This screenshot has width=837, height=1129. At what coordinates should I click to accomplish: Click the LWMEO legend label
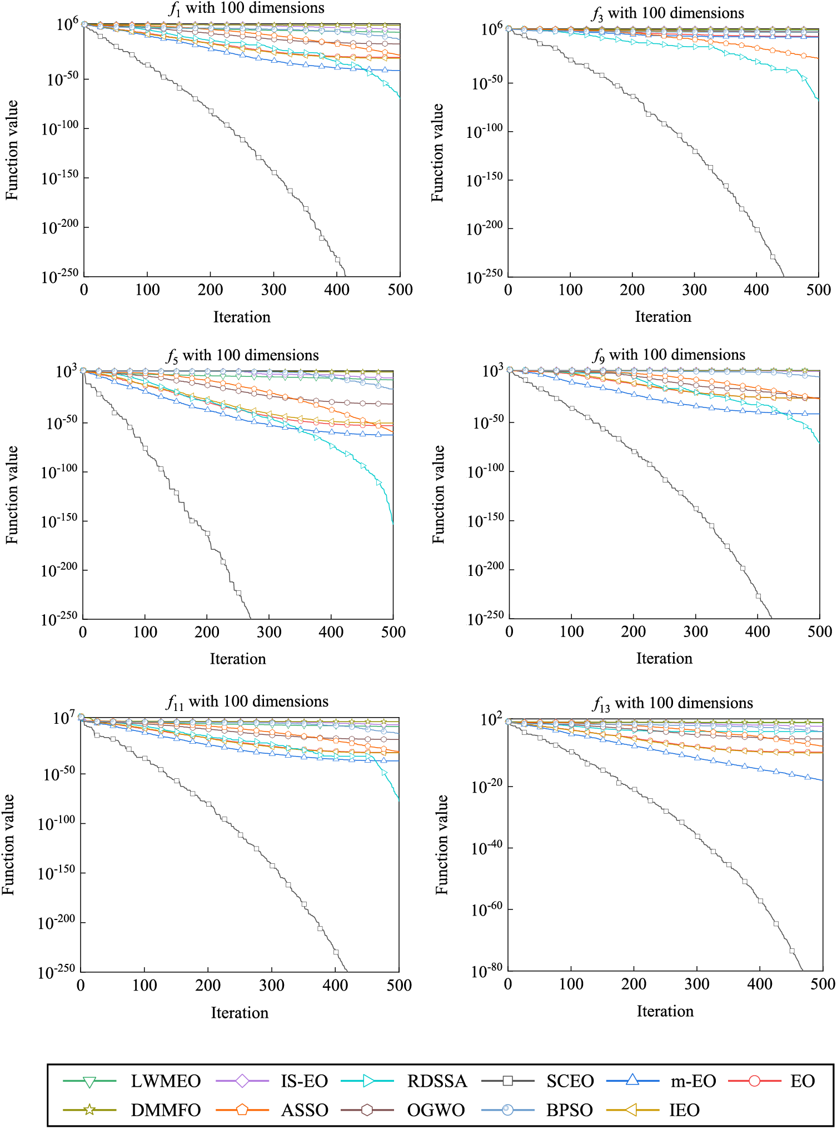pos(165,1081)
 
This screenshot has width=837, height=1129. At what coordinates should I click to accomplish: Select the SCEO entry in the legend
pos(570,1081)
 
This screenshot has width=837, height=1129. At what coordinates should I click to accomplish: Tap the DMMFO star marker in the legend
pos(89,1110)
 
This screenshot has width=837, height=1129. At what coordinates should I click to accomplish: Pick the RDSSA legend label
pos(437,1081)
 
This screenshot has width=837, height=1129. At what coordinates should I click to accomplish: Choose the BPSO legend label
pos(569,1110)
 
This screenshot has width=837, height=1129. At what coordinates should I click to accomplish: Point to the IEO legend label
pos(684,1110)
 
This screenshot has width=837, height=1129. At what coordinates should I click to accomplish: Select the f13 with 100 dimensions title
pos(672,704)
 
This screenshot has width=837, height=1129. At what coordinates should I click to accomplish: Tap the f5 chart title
pos(242,356)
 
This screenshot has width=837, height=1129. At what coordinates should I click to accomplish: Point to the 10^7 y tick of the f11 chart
pos(63,718)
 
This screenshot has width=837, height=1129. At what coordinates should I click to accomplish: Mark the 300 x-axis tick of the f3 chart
pos(694,290)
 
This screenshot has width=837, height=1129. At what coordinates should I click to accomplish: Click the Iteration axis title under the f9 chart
pos(664,659)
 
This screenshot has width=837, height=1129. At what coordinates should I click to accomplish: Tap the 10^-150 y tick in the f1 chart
pos(60,178)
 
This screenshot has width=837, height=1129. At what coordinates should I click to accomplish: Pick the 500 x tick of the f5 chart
pos(393,632)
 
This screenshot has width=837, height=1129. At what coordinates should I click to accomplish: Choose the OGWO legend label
pos(436,1110)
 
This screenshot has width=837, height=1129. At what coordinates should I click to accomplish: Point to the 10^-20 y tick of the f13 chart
pos(487,787)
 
